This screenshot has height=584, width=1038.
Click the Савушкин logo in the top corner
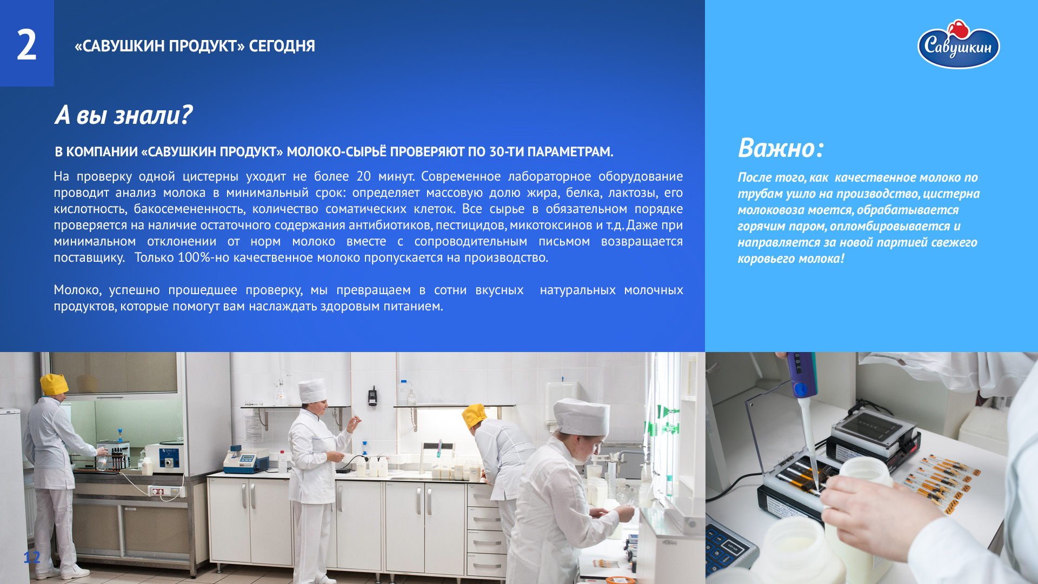[959, 45]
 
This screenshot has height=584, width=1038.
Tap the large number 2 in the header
[26, 45]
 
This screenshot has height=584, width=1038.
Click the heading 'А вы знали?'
[123, 115]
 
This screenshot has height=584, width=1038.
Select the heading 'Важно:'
[781, 148]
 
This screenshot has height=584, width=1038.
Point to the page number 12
[32, 557]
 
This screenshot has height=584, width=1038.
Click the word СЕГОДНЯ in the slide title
[282, 46]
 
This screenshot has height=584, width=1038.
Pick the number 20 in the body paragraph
[363, 176]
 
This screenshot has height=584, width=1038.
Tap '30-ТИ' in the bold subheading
[506, 152]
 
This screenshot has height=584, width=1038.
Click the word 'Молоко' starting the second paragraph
[77, 290]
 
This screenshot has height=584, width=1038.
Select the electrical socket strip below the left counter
[165, 491]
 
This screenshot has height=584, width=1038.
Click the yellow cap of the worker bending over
[474, 416]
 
